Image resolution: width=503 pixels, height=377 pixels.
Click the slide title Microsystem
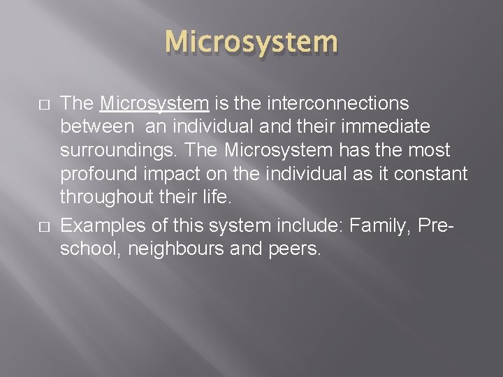click(x=251, y=43)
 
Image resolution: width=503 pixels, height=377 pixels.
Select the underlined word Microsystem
click(x=154, y=104)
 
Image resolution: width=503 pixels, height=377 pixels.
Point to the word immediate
click(x=391, y=128)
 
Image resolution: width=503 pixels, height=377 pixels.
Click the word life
click(x=215, y=198)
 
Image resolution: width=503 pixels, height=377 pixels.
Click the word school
click(x=85, y=249)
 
